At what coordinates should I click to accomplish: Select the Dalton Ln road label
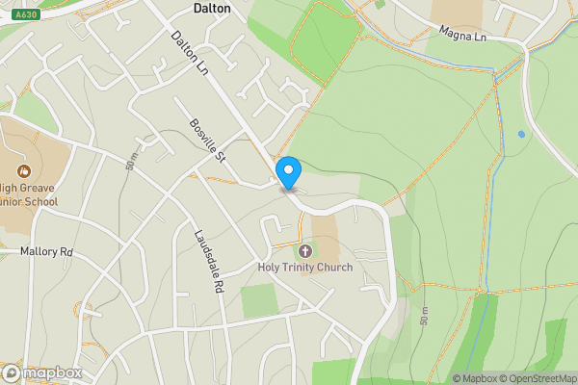coord(190,53)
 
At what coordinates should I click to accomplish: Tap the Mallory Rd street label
coord(46,251)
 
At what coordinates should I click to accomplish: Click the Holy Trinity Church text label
coord(305,267)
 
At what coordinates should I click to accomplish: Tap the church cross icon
coord(305,250)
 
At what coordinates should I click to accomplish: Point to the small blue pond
coord(521,134)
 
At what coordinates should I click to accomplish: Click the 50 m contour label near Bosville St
coord(131,162)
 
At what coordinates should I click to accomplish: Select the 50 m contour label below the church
coord(423,317)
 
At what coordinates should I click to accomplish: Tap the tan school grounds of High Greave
coord(39,154)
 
